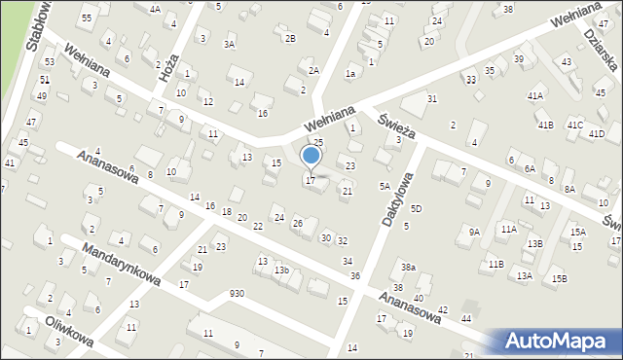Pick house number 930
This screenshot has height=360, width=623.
(x=237, y=293)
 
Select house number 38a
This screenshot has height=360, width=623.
(x=409, y=267)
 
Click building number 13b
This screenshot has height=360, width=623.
(x=281, y=270)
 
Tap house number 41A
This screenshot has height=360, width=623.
(x=535, y=96)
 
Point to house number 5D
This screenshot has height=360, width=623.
(x=416, y=209)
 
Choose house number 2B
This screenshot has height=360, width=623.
(x=290, y=38)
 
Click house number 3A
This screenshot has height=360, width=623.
(x=230, y=44)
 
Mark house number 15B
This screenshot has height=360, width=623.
(x=559, y=279)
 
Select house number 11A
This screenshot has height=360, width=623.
(x=508, y=229)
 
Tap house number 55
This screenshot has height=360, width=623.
(x=87, y=18)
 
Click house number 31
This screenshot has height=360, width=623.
(x=432, y=99)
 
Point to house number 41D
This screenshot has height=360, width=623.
(x=596, y=133)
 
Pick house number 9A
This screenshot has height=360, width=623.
(x=474, y=232)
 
